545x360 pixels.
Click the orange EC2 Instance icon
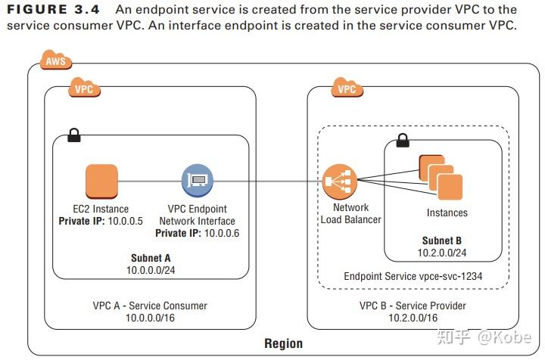[x=101, y=182]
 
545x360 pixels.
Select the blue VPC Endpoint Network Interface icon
[x=197, y=182]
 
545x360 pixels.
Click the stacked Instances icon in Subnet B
[x=441, y=176]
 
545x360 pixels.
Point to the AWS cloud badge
[x=54, y=61]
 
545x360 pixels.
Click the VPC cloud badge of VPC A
[x=84, y=88]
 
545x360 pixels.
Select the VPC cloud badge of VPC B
[x=347, y=88]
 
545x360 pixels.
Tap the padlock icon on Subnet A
[x=75, y=135]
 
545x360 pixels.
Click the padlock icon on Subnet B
[x=403, y=140]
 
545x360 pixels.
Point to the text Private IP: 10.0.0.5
[x=101, y=221]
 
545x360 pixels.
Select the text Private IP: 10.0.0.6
[x=197, y=233]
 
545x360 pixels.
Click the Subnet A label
[x=150, y=258]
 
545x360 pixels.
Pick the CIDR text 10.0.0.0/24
[x=150, y=269]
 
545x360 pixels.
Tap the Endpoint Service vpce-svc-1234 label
[x=413, y=276]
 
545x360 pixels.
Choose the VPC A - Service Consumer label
[x=150, y=306]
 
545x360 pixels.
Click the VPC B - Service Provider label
[x=413, y=306]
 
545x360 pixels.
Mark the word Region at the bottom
[x=283, y=344]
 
